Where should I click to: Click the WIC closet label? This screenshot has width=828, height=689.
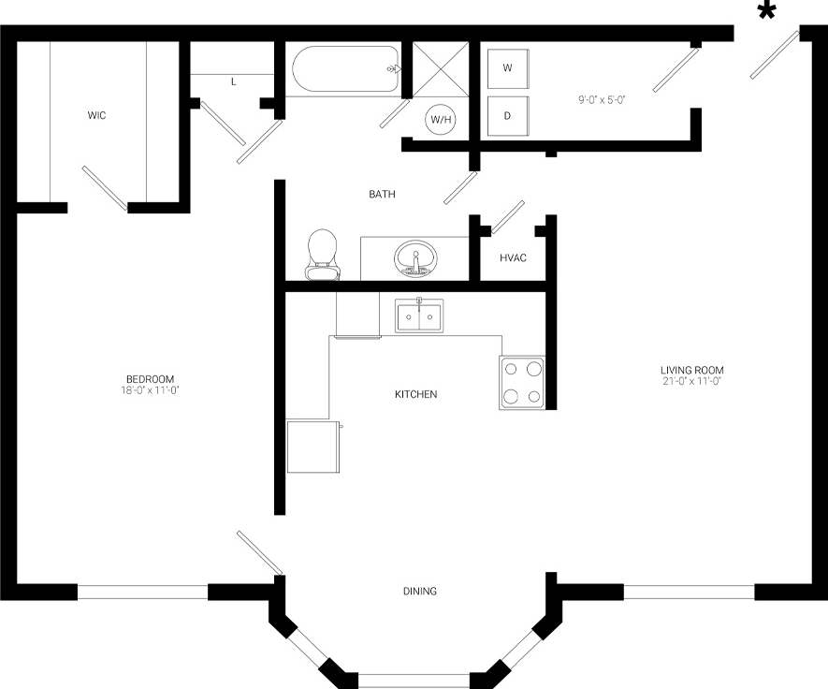click(96, 116)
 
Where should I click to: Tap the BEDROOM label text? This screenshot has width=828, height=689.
click(145, 378)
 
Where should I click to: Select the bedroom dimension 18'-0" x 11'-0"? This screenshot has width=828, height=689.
click(145, 389)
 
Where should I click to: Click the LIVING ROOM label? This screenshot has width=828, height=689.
click(692, 369)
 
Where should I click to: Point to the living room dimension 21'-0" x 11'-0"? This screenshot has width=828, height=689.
click(692, 381)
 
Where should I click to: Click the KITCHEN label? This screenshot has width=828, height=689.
click(415, 395)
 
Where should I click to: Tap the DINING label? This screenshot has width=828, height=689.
click(420, 592)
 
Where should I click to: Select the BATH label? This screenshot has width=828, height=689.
click(382, 195)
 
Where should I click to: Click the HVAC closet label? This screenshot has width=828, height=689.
click(513, 257)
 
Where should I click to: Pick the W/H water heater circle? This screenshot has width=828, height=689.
click(441, 119)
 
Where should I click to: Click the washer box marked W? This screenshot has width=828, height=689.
click(508, 68)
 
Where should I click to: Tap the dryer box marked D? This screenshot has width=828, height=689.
click(508, 116)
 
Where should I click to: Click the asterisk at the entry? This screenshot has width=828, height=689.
click(767, 11)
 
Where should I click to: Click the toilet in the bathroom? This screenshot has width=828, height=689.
click(322, 254)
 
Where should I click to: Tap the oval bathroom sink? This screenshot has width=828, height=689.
click(414, 257)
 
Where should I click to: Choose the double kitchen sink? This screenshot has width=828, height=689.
click(418, 316)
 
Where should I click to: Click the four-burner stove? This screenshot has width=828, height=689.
click(522, 383)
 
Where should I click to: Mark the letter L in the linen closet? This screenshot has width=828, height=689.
click(234, 82)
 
